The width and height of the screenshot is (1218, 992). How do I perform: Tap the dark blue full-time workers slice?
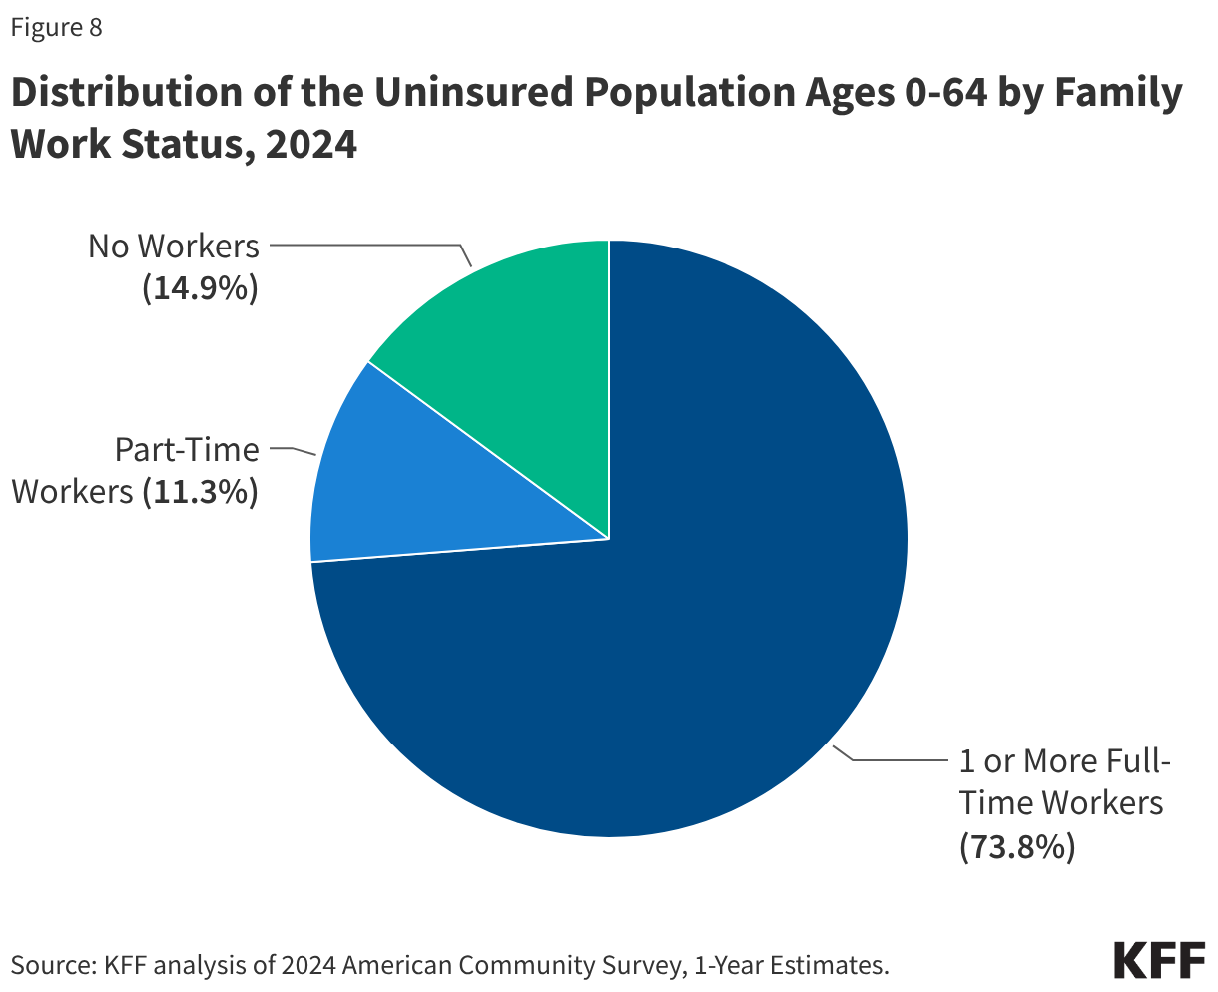point(699,619)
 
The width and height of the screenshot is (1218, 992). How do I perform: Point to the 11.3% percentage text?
point(200,491)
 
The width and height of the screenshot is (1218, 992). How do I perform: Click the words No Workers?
point(173,246)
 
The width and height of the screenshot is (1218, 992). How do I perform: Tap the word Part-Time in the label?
point(187,449)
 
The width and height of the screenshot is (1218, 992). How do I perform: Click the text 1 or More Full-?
point(1064,761)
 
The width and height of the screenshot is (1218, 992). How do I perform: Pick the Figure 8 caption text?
point(56,27)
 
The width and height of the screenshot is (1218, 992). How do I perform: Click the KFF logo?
point(1159,960)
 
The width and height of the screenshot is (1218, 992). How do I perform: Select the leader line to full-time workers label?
point(899,760)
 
